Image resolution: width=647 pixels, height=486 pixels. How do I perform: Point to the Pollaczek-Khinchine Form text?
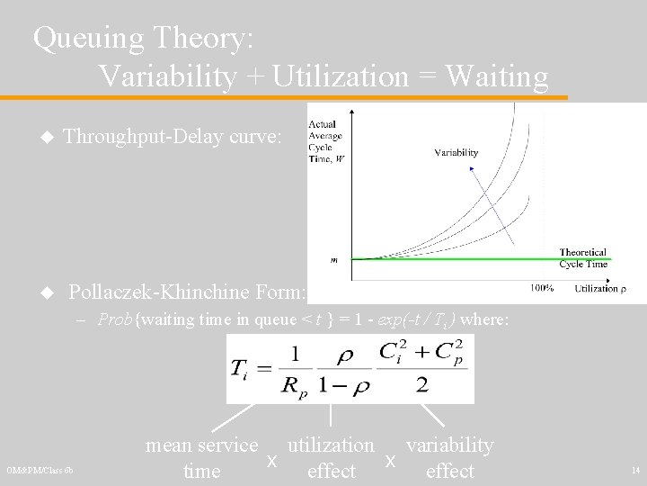point(187,292)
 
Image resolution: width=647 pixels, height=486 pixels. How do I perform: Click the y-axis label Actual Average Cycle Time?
point(325,143)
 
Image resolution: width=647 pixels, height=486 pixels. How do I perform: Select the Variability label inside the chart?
point(456,153)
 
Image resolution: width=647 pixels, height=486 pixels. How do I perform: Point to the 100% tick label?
point(540,288)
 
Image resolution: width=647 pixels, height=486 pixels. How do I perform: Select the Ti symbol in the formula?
point(241,369)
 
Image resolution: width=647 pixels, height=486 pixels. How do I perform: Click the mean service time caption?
point(201,457)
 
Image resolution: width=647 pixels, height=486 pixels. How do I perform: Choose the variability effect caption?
point(449,457)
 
